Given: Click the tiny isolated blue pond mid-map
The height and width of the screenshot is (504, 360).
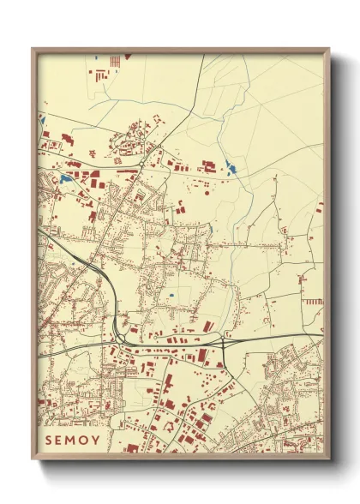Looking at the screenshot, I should (171, 296).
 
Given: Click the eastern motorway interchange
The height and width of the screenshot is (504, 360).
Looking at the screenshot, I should (225, 343).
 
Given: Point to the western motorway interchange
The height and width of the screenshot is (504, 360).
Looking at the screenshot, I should (117, 337).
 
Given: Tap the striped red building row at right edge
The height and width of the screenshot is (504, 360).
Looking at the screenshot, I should (314, 302).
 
